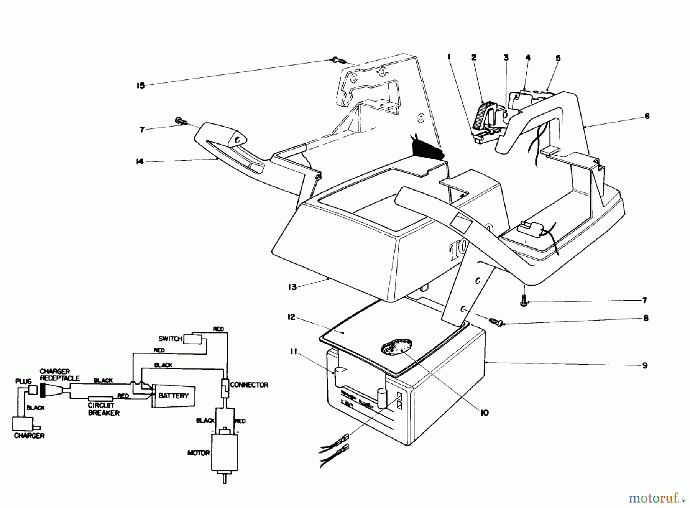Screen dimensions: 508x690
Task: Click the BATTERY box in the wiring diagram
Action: tap(173, 395)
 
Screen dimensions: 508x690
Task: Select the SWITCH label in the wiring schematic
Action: tap(170, 339)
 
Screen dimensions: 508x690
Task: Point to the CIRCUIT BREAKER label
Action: tap(103, 409)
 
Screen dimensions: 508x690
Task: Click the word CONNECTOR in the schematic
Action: tap(249, 385)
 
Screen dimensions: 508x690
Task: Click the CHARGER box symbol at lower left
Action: tap(23, 424)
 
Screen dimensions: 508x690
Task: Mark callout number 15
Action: tap(141, 85)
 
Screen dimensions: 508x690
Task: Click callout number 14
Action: tap(140, 162)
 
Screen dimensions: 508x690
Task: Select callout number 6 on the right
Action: tap(647, 116)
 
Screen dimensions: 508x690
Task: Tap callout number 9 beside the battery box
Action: tap(645, 365)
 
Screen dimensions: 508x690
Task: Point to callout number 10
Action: tap(485, 413)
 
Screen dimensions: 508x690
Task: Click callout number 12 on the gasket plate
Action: tap(292, 317)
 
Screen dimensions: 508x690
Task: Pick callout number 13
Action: tap(292, 287)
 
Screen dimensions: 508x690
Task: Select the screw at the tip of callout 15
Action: tap(337, 60)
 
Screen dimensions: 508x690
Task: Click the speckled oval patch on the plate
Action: tap(397, 347)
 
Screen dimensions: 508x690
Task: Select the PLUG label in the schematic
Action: tap(23, 381)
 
